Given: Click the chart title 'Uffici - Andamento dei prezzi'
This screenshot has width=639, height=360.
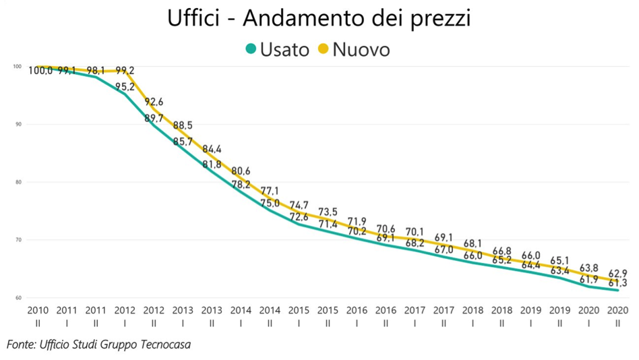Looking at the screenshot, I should [x=319, y=18].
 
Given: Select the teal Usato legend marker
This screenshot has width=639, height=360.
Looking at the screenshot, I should [x=251, y=49].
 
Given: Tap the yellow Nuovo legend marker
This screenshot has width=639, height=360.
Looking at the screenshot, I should [x=324, y=49].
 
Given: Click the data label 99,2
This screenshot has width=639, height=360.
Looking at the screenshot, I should [x=125, y=71].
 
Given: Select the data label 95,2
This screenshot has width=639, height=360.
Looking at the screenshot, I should [x=125, y=87].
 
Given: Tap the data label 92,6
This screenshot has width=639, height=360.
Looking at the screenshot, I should [x=154, y=102].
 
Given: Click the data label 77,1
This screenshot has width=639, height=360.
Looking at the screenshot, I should [x=270, y=191].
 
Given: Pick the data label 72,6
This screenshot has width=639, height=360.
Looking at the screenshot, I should [x=299, y=218].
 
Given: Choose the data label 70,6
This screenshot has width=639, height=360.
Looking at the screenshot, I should [x=386, y=229].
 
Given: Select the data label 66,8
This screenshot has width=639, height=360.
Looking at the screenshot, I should [x=501, y=251].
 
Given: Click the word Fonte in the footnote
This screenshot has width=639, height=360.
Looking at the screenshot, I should [x=20, y=344].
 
